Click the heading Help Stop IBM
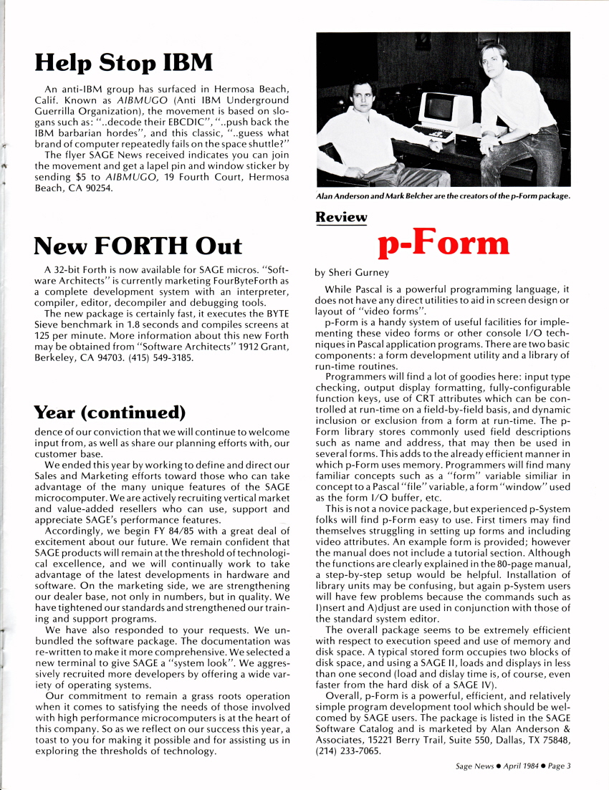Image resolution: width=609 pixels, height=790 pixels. coord(123,62)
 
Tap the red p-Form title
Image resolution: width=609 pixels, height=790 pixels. coord(443,243)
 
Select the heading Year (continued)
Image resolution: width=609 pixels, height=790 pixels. coord(110,413)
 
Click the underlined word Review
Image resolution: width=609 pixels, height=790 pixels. coord(341,217)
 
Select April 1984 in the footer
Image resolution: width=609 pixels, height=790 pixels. coord(517,766)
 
